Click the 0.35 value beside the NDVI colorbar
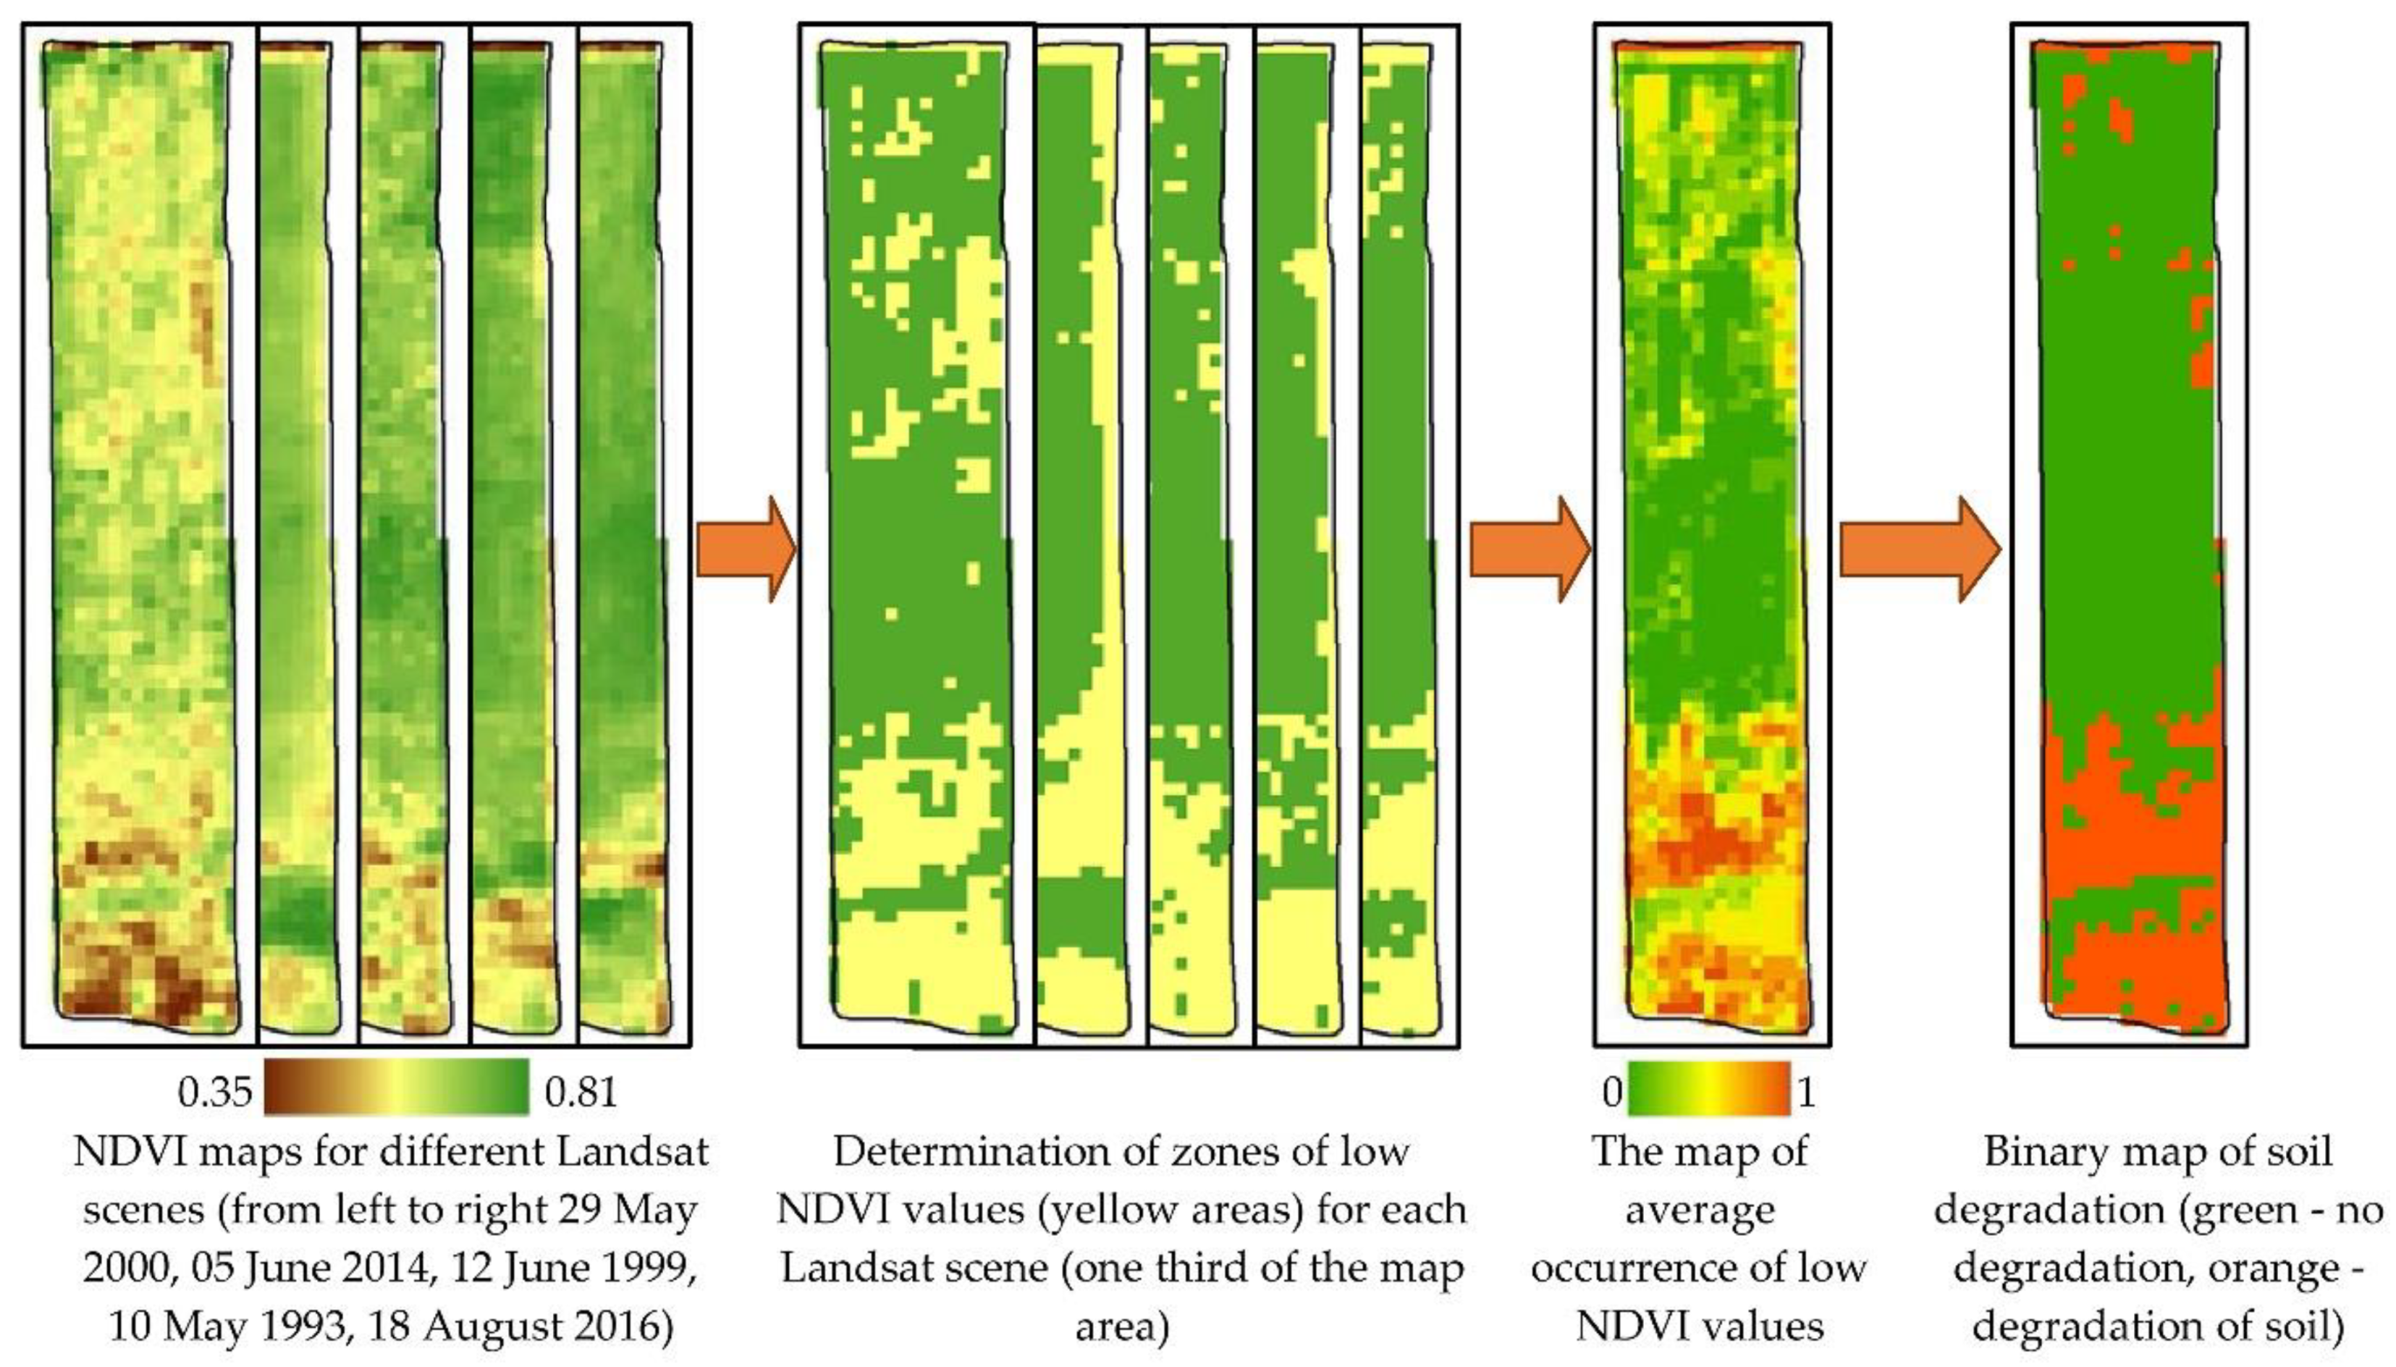215,1092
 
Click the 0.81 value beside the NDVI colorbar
581,1092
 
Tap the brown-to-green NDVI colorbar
397,1087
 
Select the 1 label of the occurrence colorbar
1806,1092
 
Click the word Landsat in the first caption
632,1151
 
